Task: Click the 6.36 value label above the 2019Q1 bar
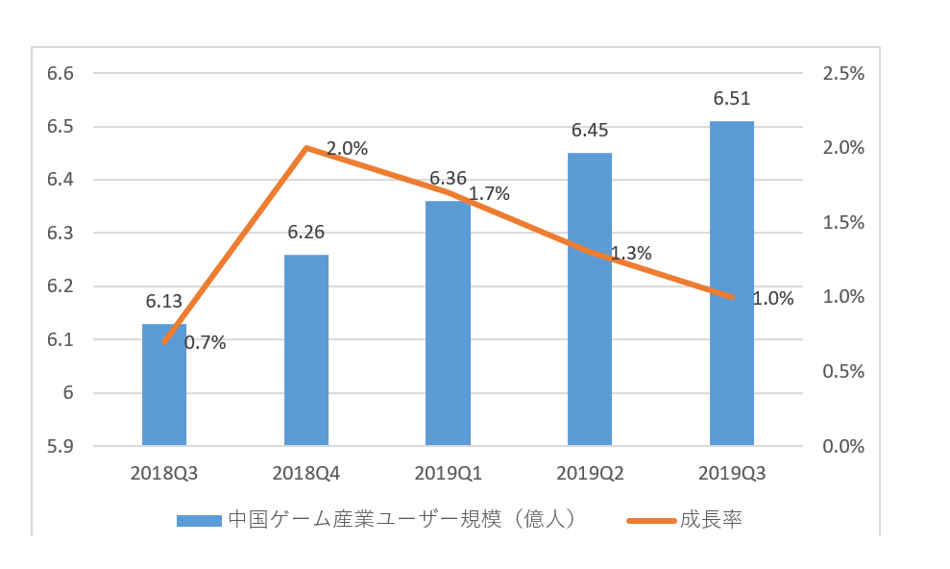[448, 178]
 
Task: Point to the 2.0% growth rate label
[347, 149]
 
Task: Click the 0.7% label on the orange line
[205, 342]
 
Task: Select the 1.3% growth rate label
[631, 254]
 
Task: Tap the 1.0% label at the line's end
[773, 298]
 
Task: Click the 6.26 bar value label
[306, 232]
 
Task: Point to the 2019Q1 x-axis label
[448, 473]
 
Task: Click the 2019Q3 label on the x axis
[732, 473]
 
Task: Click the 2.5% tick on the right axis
[843, 74]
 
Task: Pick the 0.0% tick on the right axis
[843, 446]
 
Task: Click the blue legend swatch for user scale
[199, 521]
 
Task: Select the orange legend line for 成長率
[651, 521]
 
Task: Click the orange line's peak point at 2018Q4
[306, 148]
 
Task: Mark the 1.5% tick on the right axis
[843, 223]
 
